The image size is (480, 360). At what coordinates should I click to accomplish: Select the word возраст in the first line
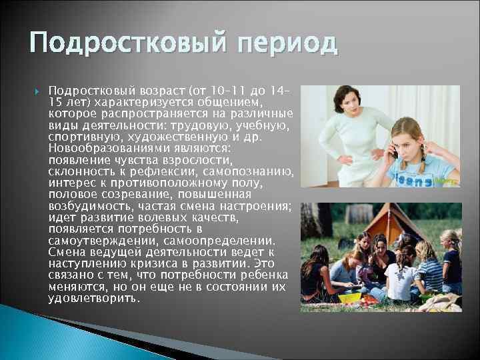pos(162,90)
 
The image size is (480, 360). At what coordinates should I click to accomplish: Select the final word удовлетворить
pos(93,298)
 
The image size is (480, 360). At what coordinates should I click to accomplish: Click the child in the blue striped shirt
pos(429,270)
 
